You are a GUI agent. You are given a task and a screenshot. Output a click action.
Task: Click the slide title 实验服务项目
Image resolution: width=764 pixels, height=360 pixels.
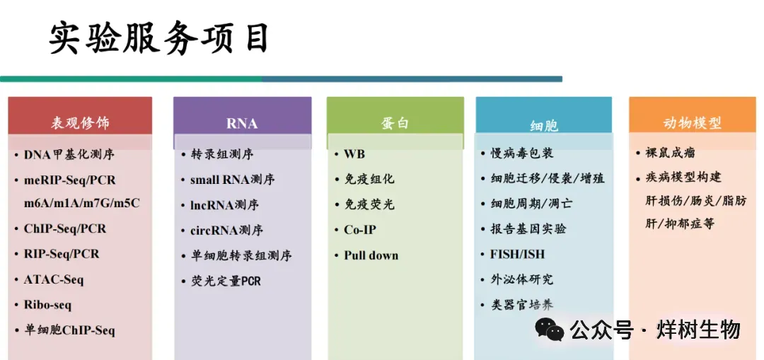(159, 38)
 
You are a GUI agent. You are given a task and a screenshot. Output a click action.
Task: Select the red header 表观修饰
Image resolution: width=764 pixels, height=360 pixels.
(80, 123)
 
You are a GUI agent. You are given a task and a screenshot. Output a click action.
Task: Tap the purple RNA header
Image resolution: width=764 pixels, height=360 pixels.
(242, 124)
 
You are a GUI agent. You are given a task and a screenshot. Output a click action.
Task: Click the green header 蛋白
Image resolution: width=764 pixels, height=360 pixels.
(395, 123)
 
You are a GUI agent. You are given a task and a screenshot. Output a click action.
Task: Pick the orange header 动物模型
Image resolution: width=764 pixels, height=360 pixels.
(693, 123)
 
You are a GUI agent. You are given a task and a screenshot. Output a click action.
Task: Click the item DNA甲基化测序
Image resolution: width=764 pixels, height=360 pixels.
(69, 154)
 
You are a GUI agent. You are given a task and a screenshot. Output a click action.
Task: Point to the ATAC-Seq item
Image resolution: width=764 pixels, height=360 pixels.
(54, 279)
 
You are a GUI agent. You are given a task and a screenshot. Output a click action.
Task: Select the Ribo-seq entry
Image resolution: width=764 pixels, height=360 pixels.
(48, 306)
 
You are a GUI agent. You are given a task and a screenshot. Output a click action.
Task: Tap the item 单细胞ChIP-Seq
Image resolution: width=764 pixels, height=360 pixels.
(69, 330)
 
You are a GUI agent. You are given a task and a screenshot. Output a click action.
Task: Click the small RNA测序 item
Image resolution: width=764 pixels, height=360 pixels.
(233, 179)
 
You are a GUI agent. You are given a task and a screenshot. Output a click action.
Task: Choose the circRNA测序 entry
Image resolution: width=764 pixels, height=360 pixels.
(226, 230)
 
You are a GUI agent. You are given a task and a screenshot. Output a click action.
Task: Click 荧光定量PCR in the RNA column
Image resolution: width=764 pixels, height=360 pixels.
(226, 281)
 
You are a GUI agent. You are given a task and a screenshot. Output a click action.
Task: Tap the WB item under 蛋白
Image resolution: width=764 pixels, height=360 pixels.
(354, 154)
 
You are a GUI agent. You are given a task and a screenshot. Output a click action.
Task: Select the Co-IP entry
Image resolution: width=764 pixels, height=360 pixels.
(360, 229)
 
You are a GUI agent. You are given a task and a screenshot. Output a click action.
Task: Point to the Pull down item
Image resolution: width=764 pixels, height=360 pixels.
(371, 255)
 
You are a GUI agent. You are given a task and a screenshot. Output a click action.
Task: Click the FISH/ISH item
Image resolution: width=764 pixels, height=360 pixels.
(517, 255)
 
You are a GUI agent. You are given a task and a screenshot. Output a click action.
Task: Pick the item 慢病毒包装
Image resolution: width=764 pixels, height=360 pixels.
(522, 153)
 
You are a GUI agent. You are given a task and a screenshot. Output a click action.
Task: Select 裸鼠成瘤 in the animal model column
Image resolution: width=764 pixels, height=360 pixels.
(671, 153)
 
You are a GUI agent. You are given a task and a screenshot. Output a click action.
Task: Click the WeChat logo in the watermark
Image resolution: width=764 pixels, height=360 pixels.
(550, 330)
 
